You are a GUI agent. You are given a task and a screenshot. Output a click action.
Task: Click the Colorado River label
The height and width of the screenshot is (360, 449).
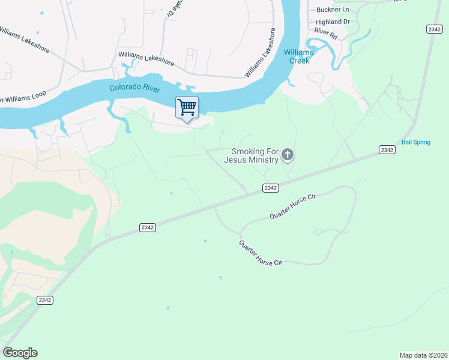[134, 88]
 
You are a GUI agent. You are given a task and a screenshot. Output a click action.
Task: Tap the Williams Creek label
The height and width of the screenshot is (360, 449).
[298, 56]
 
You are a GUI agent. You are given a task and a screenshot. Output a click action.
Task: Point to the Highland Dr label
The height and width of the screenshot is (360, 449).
[333, 22]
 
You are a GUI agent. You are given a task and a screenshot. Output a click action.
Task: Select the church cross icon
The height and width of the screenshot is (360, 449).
[288, 156]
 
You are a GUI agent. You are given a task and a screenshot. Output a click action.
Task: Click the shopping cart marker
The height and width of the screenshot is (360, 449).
[187, 107]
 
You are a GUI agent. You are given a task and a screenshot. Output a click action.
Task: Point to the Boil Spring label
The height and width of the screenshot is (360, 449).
[433, 142]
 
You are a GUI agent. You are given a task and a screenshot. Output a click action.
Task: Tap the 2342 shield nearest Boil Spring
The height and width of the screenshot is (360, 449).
[387, 149]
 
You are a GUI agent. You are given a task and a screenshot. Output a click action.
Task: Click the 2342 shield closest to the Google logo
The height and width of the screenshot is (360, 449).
[44, 300]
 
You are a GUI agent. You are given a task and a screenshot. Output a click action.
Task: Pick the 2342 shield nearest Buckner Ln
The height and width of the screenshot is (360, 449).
[434, 29]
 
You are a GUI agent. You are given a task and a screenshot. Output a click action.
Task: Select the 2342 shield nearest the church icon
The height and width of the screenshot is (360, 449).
[271, 188]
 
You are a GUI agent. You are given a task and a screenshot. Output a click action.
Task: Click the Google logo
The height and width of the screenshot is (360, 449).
[20, 353]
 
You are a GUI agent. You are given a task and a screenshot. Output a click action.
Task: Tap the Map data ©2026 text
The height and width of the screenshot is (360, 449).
[423, 355]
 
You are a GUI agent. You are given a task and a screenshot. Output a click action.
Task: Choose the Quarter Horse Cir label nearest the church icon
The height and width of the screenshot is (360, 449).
[292, 206]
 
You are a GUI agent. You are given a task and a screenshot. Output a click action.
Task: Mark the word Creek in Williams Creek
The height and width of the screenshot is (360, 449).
[298, 60]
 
